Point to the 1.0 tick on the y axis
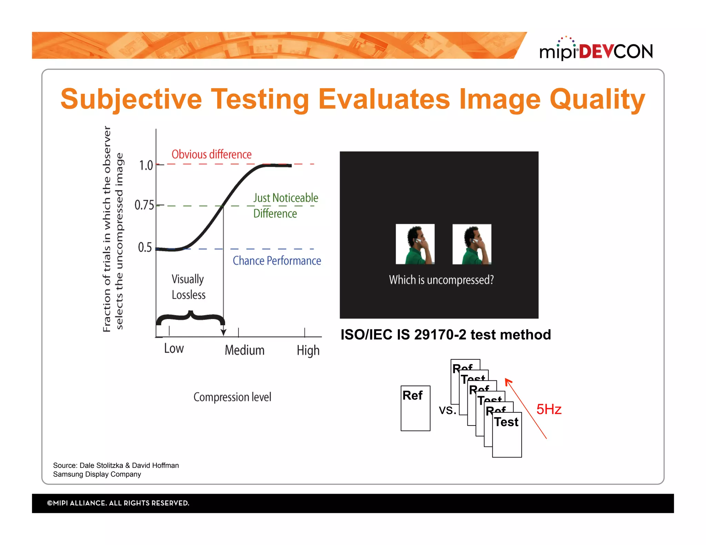click(x=146, y=165)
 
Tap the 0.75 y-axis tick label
click(x=144, y=205)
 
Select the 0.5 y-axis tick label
click(x=145, y=247)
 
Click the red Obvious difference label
click(x=211, y=154)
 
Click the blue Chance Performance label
click(x=276, y=261)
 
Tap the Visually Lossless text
click(x=188, y=287)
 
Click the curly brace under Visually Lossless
click(x=190, y=318)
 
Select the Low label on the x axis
click(x=174, y=349)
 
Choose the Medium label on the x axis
click(x=244, y=350)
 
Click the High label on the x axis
click(x=308, y=351)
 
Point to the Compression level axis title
click(x=232, y=397)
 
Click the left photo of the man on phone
click(x=415, y=244)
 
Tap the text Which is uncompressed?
click(x=441, y=280)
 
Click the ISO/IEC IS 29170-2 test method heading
click(x=445, y=335)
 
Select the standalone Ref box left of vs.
click(x=415, y=408)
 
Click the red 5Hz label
click(x=549, y=409)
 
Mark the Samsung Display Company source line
click(x=97, y=474)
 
